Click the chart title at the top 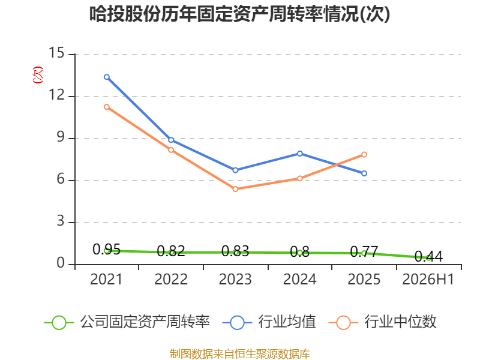[239, 14]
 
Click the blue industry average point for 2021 [107, 77]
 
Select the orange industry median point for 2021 [107, 107]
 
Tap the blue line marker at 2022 [171, 140]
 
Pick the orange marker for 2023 [235, 189]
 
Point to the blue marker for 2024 [299, 154]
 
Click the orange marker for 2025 [364, 155]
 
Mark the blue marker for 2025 [364, 173]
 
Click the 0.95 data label [107, 250]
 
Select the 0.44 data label [428, 257]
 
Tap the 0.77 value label [364, 251]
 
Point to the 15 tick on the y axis [56, 53]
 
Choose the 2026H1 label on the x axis [428, 279]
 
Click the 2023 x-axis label [235, 279]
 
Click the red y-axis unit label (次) [38, 74]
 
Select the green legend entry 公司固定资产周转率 [127, 322]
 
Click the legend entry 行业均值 [269, 322]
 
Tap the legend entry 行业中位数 [382, 322]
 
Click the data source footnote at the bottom [240, 354]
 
